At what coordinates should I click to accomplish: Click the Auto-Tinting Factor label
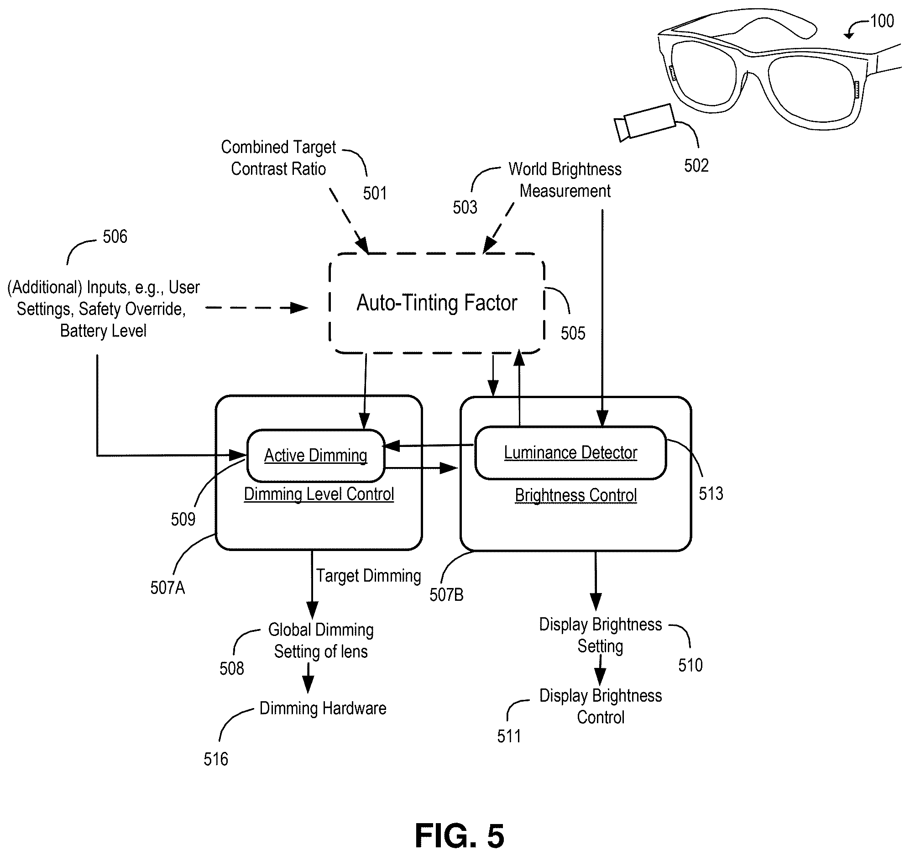(x=437, y=303)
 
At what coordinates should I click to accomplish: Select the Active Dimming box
(x=316, y=456)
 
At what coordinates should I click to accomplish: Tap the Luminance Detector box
(x=570, y=453)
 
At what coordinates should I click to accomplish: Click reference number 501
(x=375, y=193)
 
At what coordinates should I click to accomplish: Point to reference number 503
(x=465, y=207)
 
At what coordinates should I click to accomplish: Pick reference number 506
(x=115, y=237)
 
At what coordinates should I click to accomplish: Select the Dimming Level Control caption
(x=319, y=494)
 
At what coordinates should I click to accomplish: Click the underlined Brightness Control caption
(x=576, y=495)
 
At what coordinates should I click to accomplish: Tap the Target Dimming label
(x=368, y=576)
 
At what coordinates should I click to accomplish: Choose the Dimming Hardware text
(x=323, y=708)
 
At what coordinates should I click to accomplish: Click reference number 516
(x=215, y=759)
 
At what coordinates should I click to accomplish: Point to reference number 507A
(x=167, y=588)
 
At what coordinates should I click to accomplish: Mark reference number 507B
(x=446, y=595)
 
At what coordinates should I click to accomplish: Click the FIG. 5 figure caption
(x=459, y=835)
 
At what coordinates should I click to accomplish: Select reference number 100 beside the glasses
(x=882, y=21)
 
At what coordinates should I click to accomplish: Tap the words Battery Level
(x=104, y=331)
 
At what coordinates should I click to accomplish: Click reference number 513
(x=711, y=493)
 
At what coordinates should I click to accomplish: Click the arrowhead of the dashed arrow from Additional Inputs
(x=300, y=308)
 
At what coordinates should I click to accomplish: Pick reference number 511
(x=509, y=736)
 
